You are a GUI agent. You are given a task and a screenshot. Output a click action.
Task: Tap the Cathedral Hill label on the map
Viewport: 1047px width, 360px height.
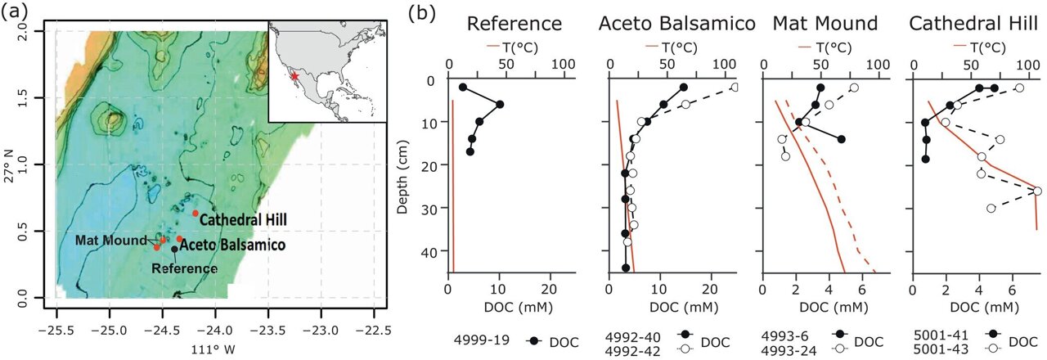click(x=242, y=220)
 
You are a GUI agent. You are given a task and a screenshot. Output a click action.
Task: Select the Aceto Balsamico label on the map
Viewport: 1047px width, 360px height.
click(x=231, y=245)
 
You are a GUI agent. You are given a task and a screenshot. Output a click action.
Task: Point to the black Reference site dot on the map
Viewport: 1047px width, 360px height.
click(x=174, y=250)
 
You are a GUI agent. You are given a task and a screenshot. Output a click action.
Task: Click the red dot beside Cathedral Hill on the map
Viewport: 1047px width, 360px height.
click(x=195, y=213)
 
